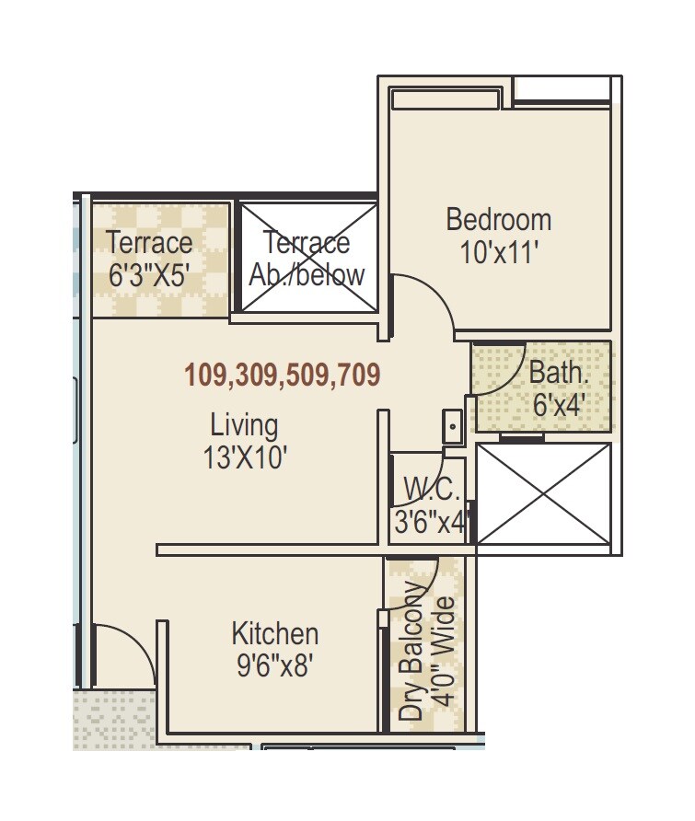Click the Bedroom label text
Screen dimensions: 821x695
(x=498, y=220)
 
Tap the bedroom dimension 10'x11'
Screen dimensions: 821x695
(x=498, y=252)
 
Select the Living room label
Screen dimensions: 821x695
(x=244, y=425)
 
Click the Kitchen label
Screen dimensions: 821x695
(x=274, y=634)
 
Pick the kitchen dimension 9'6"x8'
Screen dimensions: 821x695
(x=275, y=665)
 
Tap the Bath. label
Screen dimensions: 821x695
(x=558, y=373)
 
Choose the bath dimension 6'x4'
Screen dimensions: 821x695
(x=560, y=404)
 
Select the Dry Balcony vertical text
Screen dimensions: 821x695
(x=413, y=651)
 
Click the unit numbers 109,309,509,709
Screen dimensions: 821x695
(x=283, y=375)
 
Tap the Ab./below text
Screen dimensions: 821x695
(x=307, y=274)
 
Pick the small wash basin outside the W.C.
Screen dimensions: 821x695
(x=453, y=426)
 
